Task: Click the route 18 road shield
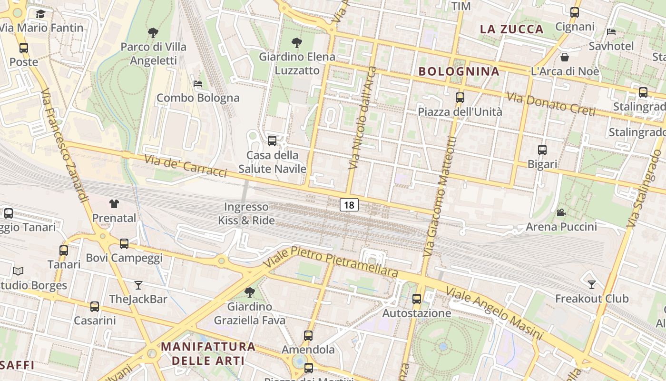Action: click(349, 205)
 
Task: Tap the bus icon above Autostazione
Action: click(417, 299)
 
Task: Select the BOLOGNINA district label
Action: click(459, 71)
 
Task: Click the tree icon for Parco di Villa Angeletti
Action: click(153, 33)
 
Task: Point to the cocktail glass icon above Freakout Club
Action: click(592, 284)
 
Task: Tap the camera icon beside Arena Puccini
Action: click(561, 212)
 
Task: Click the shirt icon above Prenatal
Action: click(114, 204)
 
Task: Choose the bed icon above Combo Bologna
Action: click(198, 84)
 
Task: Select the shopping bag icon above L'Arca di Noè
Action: click(565, 57)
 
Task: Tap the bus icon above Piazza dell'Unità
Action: click(460, 98)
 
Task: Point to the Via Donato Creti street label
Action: click(550, 104)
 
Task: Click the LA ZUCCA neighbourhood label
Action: click(511, 29)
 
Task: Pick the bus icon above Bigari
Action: click(542, 150)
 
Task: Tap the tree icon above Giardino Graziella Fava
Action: click(249, 292)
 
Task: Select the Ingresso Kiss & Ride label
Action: click(246, 214)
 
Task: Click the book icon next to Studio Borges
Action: click(18, 271)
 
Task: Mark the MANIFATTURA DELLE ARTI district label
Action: click(208, 353)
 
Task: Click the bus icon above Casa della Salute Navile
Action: click(272, 141)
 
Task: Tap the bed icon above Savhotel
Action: click(612, 32)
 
